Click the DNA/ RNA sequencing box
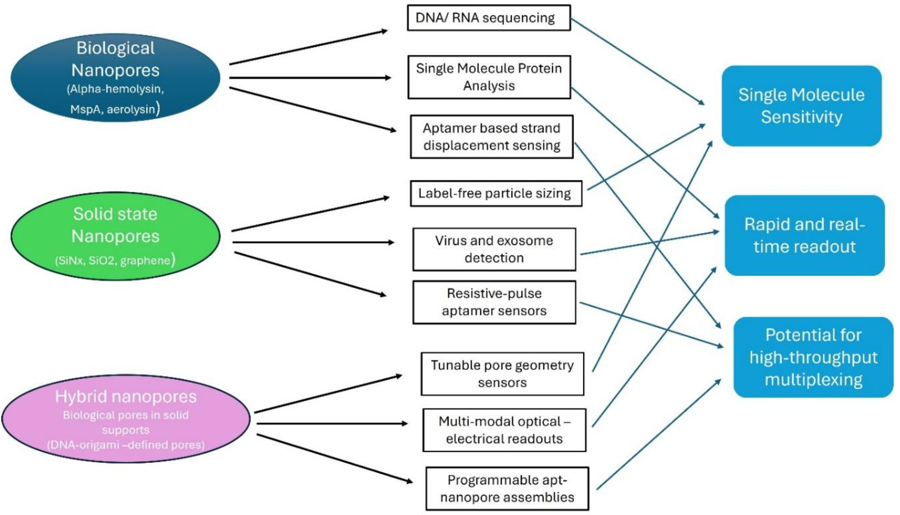pyautogui.click(x=488, y=18)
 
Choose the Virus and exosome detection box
pyautogui.click(x=494, y=249)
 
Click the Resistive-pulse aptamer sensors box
pyautogui.click(x=494, y=302)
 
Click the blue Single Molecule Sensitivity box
pyautogui.click(x=801, y=106)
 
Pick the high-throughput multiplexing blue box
pyautogui.click(x=813, y=357)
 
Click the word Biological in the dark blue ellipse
pyautogui.click(x=115, y=48)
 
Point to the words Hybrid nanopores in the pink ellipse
pyautogui.click(x=126, y=397)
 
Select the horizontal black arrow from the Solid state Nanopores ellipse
pyautogui.click(x=311, y=242)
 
